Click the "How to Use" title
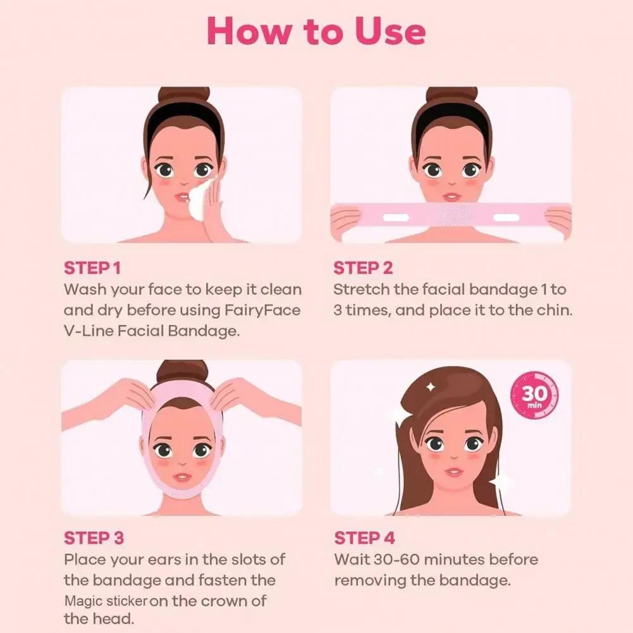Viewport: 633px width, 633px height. (x=316, y=31)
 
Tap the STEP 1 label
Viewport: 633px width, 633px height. (x=92, y=268)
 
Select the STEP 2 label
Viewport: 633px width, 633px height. (x=363, y=268)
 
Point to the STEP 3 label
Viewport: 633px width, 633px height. (x=94, y=538)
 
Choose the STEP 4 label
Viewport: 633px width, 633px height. (x=365, y=538)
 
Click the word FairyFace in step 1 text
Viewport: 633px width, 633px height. (x=263, y=310)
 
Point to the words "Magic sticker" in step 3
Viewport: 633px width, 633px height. (x=106, y=601)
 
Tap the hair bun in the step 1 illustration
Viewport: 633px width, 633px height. (x=183, y=96)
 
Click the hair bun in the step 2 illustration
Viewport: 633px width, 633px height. (x=451, y=96)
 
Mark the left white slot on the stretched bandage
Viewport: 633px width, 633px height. (x=396, y=218)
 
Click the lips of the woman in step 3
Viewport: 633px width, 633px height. (x=181, y=476)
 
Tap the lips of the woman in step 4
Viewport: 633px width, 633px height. (x=453, y=472)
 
